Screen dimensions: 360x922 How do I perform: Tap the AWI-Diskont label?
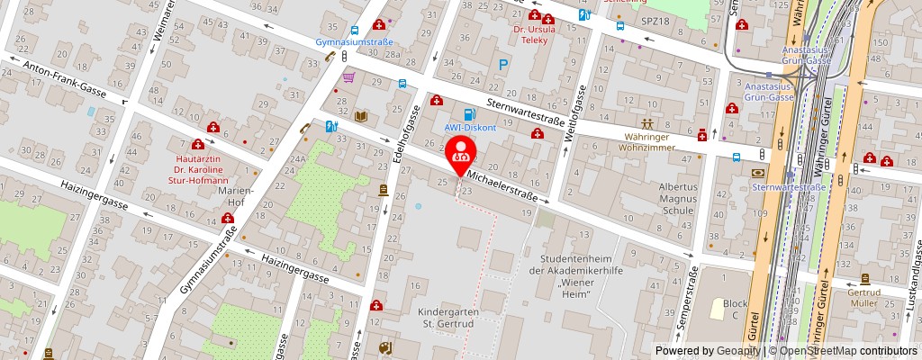coord(469,127)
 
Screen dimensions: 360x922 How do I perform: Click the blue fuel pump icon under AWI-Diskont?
coord(468,114)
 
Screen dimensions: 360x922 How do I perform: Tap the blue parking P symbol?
coord(503,65)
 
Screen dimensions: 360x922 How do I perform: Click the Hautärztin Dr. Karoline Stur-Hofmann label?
coord(199,166)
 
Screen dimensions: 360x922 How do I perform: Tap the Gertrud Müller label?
coord(868,299)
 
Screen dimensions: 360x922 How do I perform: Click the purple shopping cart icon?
coord(347,77)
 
